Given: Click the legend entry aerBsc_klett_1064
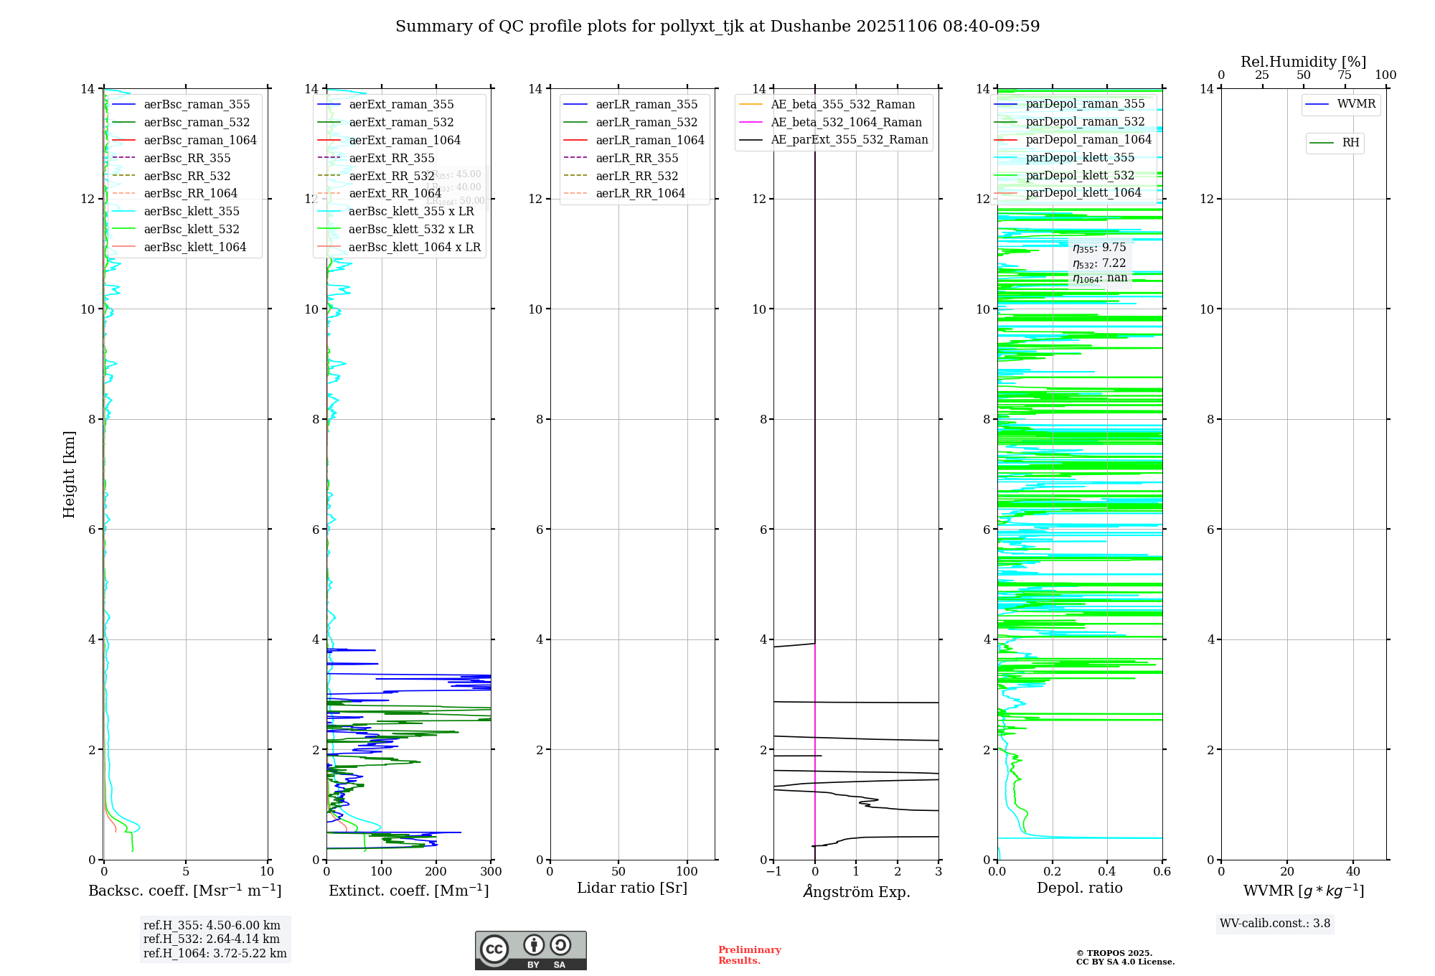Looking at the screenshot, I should [x=194, y=247].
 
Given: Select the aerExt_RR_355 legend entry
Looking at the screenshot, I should [x=392, y=158].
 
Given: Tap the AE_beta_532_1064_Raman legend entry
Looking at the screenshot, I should [x=846, y=122].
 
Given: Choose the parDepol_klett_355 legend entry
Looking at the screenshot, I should [x=1080, y=157].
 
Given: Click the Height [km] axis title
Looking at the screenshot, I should [x=69, y=474].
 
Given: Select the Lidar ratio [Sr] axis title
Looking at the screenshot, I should [x=632, y=888].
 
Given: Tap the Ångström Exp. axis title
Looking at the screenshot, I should [x=856, y=892].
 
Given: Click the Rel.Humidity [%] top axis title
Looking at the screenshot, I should [x=1303, y=62].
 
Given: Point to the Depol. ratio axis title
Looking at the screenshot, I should [x=1079, y=888].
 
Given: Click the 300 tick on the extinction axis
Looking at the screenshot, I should [x=491, y=872].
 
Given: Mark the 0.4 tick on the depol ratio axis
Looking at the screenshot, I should [x=1107, y=872].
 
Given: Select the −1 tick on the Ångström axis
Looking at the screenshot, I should [x=773, y=872].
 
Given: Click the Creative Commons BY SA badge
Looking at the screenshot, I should [x=530, y=950].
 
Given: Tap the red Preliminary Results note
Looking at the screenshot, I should [x=749, y=955].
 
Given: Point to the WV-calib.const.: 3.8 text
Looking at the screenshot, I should [x=1275, y=924].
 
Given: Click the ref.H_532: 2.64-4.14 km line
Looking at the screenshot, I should [x=212, y=939].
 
